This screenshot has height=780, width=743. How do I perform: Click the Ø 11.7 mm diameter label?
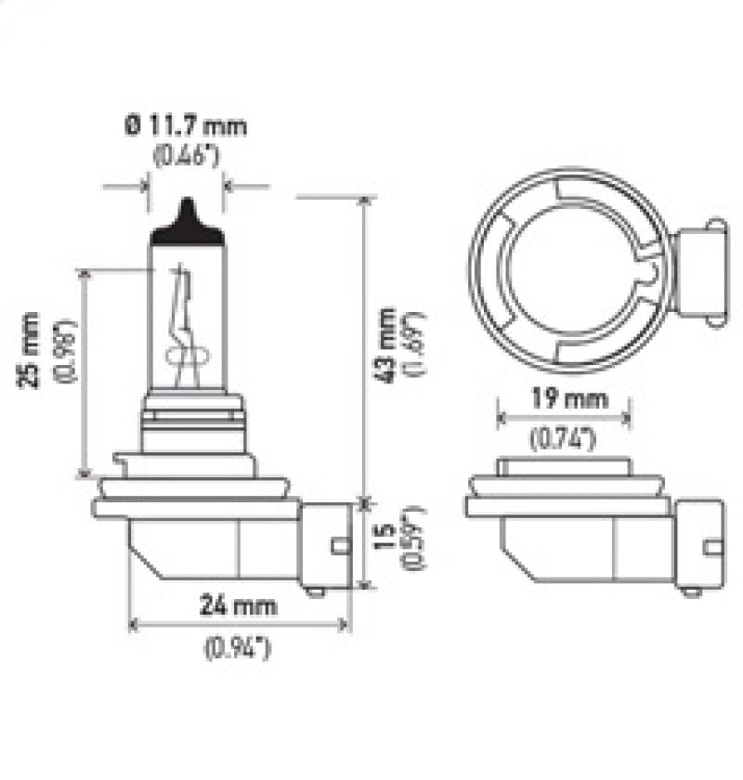point(186,125)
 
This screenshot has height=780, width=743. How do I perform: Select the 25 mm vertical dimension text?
point(33,350)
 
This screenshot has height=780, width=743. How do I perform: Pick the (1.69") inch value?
point(411,344)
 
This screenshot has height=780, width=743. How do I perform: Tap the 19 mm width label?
point(565,400)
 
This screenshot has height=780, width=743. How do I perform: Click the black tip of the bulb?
point(188,223)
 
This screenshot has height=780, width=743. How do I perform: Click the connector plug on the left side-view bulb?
point(327,546)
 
